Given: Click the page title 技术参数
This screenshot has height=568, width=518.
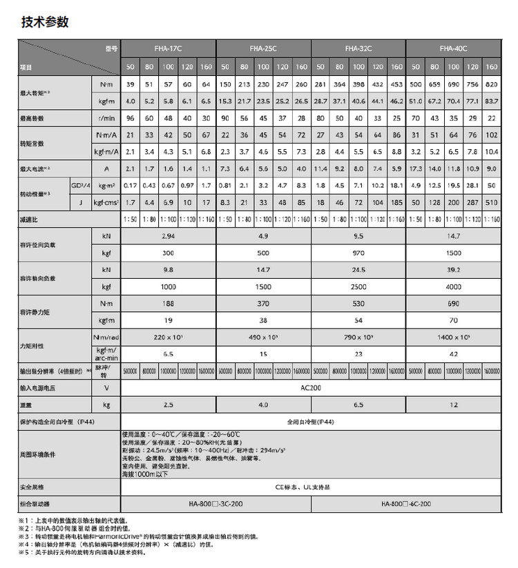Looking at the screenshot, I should (x=44, y=22).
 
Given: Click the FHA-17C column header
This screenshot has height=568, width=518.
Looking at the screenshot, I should (x=169, y=48).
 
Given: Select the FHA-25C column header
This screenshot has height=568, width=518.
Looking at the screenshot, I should (x=263, y=48).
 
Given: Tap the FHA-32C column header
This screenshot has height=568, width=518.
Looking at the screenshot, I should (x=358, y=48).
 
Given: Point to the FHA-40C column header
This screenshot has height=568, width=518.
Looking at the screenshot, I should (x=453, y=48).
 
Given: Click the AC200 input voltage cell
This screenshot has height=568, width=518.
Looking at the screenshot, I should (x=310, y=388).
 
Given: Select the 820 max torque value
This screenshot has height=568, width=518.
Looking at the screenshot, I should (x=491, y=84).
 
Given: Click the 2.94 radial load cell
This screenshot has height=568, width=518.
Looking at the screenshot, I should (x=168, y=236).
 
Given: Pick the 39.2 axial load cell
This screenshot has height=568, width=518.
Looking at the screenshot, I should (x=453, y=270).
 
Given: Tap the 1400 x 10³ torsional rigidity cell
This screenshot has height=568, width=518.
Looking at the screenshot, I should (x=453, y=337).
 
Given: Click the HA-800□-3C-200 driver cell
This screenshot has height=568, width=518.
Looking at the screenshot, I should (x=216, y=504).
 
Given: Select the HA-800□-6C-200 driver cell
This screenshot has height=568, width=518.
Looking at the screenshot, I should (x=405, y=504).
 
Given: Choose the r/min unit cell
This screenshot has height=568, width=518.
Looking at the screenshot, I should (x=106, y=118).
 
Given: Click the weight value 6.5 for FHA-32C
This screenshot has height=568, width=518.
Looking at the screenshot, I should (x=358, y=404).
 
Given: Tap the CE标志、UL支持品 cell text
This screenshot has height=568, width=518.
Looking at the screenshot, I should (x=310, y=487).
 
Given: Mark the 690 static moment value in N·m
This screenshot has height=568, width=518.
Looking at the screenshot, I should (x=453, y=303).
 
